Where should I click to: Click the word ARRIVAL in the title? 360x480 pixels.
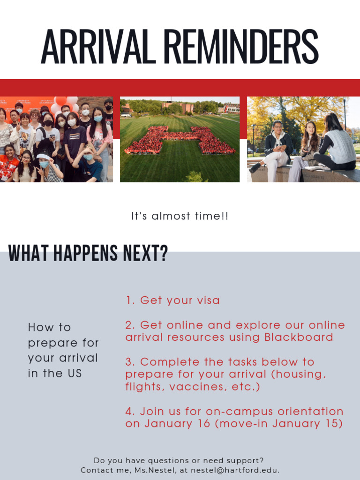pyautogui.click(x=98, y=47)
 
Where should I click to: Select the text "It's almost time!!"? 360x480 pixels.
pyautogui.click(x=180, y=216)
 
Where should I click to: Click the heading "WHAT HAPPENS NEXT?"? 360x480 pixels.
pyautogui.click(x=88, y=254)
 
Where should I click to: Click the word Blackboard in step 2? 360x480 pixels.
pyautogui.click(x=299, y=337)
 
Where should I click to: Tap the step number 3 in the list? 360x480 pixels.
pyautogui.click(x=129, y=362)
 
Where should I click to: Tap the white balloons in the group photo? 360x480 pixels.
pyautogui.click(x=63, y=103)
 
